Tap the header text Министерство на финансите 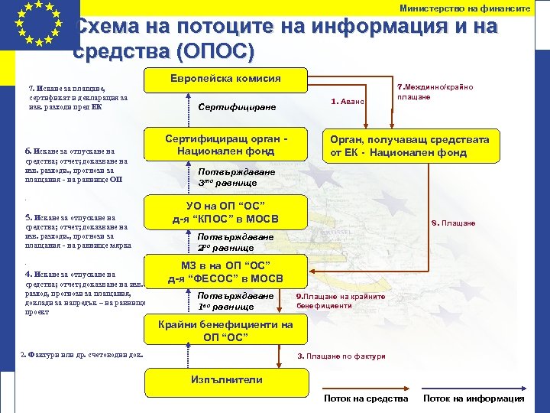[464, 8]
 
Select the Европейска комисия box [225, 79]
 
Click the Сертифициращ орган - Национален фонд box [226, 145]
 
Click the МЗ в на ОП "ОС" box [226, 272]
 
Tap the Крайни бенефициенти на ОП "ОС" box [225, 330]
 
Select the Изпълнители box [225, 380]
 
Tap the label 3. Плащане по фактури [341, 356]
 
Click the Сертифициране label [237, 108]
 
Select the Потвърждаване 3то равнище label [236, 177]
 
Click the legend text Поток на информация [474, 398]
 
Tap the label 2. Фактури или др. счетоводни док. [82, 354]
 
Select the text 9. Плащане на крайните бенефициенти [335, 301]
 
